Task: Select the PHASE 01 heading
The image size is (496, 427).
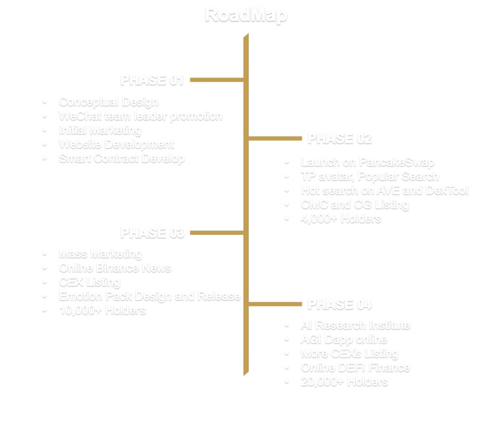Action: pyautogui.click(x=151, y=80)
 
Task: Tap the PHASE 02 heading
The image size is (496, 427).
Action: pyautogui.click(x=339, y=139)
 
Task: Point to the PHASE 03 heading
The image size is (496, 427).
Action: pyautogui.click(x=152, y=233)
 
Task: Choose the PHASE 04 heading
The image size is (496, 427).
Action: pyautogui.click(x=339, y=304)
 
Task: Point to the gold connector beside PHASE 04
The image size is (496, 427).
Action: pyautogui.click(x=275, y=304)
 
